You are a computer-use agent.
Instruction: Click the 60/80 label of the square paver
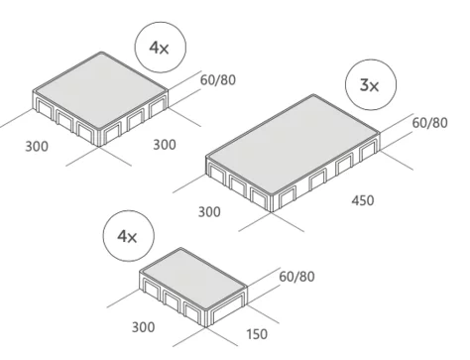[218, 80]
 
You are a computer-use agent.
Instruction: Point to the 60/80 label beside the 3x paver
[430, 123]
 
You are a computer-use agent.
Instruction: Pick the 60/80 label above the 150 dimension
[296, 277]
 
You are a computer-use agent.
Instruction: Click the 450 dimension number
[363, 200]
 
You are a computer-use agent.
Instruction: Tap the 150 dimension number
[257, 334]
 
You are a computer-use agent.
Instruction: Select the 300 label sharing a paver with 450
[209, 211]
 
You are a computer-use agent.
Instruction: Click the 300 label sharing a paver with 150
[143, 327]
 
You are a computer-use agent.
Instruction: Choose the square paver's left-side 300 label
[37, 146]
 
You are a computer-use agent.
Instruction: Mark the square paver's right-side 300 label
[165, 145]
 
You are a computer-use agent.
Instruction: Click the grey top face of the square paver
[100, 90]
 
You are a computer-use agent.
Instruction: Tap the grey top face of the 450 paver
[293, 146]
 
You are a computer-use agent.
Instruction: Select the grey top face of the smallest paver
[193, 280]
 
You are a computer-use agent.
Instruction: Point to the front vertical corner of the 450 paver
[272, 203]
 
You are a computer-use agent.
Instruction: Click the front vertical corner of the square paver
[99, 138]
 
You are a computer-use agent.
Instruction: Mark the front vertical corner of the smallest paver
[206, 318]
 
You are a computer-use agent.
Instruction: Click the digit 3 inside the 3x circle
[364, 85]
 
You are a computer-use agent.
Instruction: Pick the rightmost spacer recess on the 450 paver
[368, 151]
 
